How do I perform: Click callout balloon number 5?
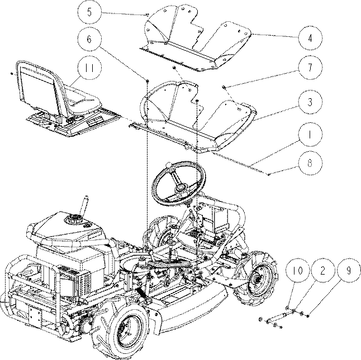pos(89,12)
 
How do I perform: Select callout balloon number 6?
pos(89,39)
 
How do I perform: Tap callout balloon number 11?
pos(89,68)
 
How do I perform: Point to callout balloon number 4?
pos(310,38)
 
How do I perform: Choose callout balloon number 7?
pos(310,68)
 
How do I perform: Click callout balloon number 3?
pos(310,102)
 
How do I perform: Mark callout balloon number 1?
pos(310,135)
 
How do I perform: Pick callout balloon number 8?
pos(310,163)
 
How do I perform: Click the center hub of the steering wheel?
pos(180,188)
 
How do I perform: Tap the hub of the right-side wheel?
pos(258,279)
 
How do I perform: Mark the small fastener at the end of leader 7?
pos(224,87)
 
